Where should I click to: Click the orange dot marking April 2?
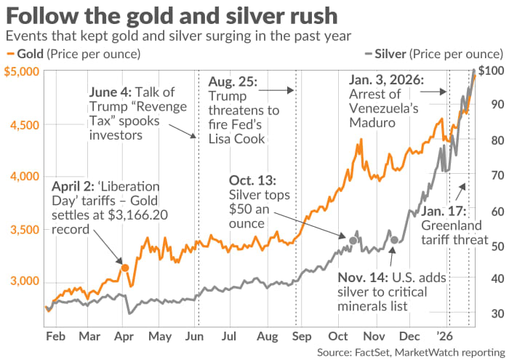coord(125,268)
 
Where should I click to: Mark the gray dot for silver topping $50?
coord(353,240)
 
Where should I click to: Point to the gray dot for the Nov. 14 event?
coord(394,240)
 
